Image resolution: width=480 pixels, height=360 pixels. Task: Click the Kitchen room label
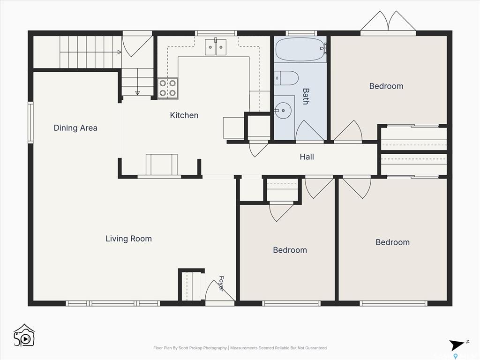tap(184, 115)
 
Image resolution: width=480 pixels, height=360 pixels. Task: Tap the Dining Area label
tap(75, 128)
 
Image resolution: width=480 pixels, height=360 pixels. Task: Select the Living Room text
tap(128, 239)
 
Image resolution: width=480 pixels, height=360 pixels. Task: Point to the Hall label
tap(307, 157)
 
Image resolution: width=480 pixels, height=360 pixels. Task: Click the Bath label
tap(306, 97)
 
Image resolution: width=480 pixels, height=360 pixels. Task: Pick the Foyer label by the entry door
tap(221, 283)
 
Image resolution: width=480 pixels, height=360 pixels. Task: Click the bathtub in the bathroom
tap(300, 49)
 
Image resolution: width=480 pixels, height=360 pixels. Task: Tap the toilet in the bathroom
tap(286, 78)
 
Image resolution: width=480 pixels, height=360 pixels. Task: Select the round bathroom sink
tap(283, 110)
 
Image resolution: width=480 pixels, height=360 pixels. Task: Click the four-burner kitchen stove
tap(167, 88)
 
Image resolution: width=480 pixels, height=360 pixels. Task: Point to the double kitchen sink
tap(216, 47)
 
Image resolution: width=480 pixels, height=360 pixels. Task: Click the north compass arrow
tap(457, 345)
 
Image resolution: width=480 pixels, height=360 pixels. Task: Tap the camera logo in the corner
tap(24, 336)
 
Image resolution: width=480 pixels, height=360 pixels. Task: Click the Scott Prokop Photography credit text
tap(190, 348)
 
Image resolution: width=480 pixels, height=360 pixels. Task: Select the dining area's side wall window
tap(30, 123)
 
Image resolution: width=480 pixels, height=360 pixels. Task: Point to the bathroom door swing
tap(309, 131)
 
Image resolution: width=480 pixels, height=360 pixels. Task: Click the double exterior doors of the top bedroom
tap(388, 21)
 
